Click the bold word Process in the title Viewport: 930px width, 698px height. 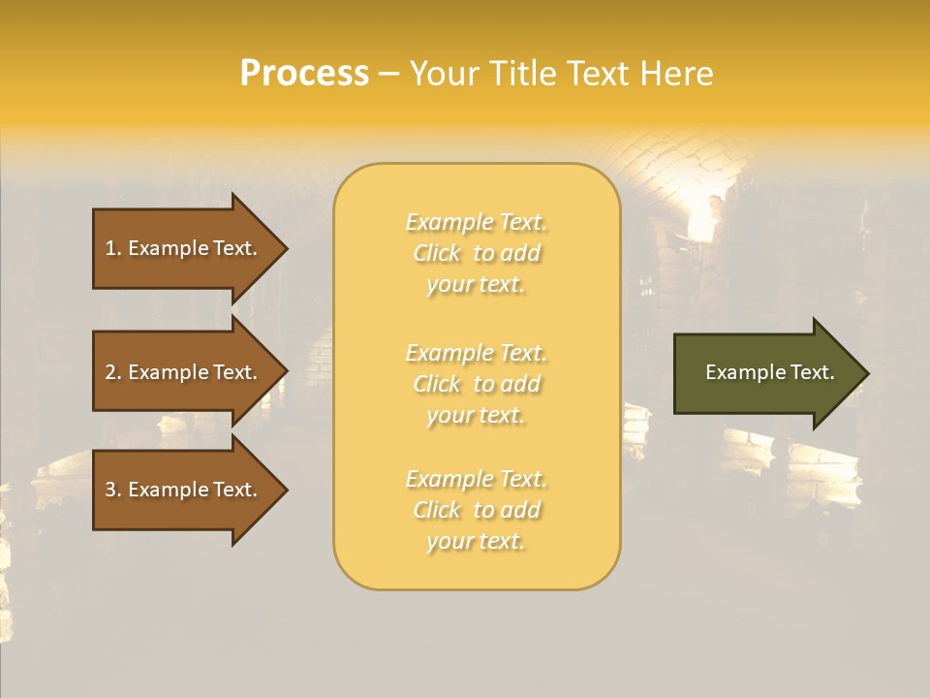click(x=304, y=74)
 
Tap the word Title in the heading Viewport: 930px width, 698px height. click(x=527, y=74)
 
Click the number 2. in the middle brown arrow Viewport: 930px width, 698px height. click(x=113, y=372)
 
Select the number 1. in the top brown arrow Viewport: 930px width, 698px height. click(x=113, y=248)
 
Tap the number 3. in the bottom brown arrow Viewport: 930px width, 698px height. click(x=113, y=490)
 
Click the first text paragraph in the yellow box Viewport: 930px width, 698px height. click(x=476, y=253)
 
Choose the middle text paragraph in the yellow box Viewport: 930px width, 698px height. click(x=476, y=384)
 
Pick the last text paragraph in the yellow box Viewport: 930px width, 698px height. click(x=476, y=510)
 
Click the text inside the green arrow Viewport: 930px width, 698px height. click(x=769, y=372)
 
